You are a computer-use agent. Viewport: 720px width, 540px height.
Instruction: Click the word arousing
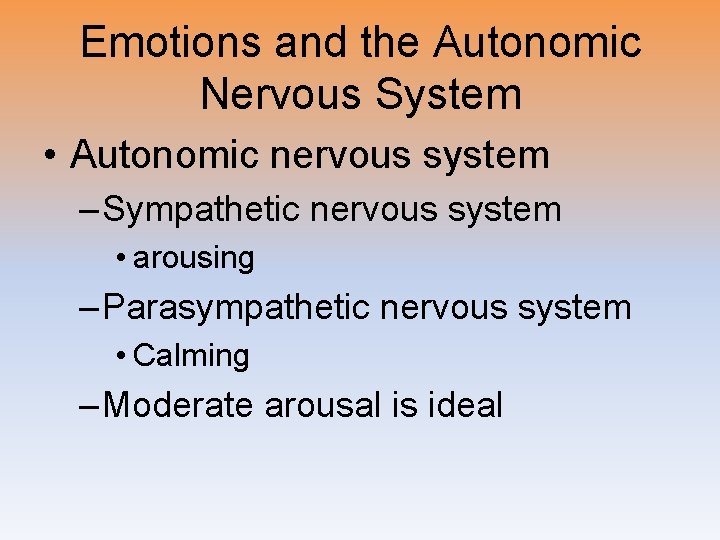(x=194, y=258)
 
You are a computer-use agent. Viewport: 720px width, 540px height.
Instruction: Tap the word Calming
(x=191, y=355)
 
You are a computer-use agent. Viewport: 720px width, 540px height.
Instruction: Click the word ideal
(x=464, y=405)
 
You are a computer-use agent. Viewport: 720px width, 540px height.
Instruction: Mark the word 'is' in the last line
(x=407, y=405)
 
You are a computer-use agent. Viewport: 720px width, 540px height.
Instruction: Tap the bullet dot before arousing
(x=120, y=259)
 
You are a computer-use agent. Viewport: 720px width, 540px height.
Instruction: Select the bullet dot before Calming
(x=120, y=356)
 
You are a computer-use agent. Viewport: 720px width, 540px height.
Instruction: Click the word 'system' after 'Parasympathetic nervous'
(x=581, y=307)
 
